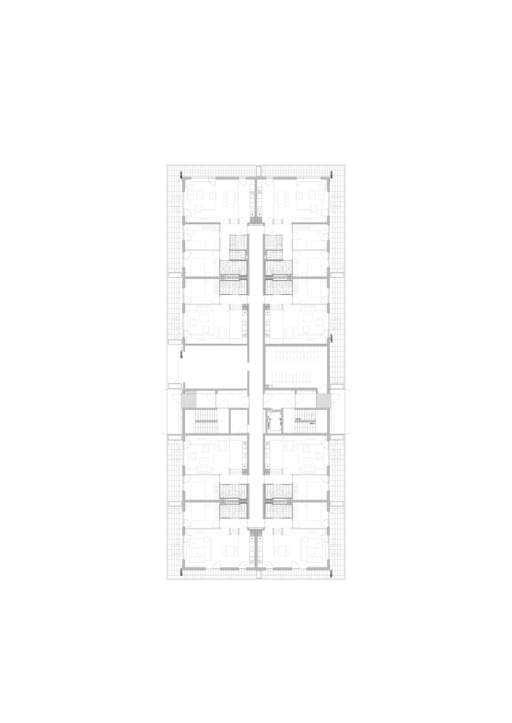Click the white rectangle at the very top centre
coord(258,171)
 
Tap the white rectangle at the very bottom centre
coord(258,574)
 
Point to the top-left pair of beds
coord(198,277)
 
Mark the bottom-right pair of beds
coord(314,501)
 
